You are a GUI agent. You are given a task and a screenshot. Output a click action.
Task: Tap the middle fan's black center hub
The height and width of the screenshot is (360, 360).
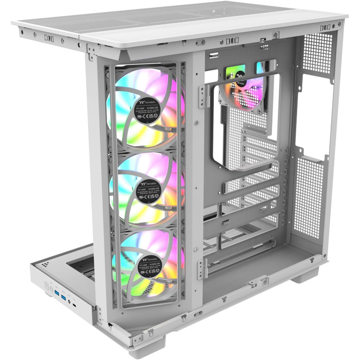pyautogui.click(x=148, y=189)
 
